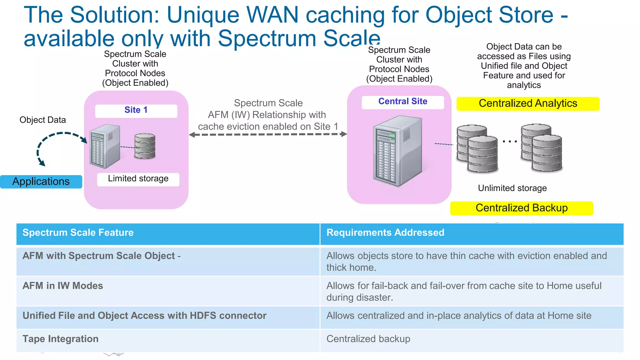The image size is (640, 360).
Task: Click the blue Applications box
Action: point(41,182)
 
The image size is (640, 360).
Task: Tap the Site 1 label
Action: point(136,110)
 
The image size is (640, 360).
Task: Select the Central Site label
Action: point(402,102)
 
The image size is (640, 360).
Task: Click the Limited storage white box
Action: point(138,179)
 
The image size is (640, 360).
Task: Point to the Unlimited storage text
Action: point(512,188)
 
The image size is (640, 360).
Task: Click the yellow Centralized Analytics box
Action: point(527,103)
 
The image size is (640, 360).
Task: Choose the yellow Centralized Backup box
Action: point(521,208)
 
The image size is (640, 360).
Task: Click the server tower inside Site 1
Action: point(105,146)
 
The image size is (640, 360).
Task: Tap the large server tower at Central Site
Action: point(397,152)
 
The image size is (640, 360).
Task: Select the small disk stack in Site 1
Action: point(145,146)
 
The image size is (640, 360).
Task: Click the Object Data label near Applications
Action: point(42,120)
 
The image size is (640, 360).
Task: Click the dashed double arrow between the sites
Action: point(268,134)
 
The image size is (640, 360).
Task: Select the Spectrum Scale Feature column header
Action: point(78,233)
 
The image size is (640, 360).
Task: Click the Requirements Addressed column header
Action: point(385,233)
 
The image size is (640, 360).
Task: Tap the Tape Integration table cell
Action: point(60,339)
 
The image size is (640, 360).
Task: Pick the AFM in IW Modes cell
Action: point(62,286)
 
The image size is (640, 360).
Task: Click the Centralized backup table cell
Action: point(368,339)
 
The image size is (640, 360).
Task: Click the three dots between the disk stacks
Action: point(509,142)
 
